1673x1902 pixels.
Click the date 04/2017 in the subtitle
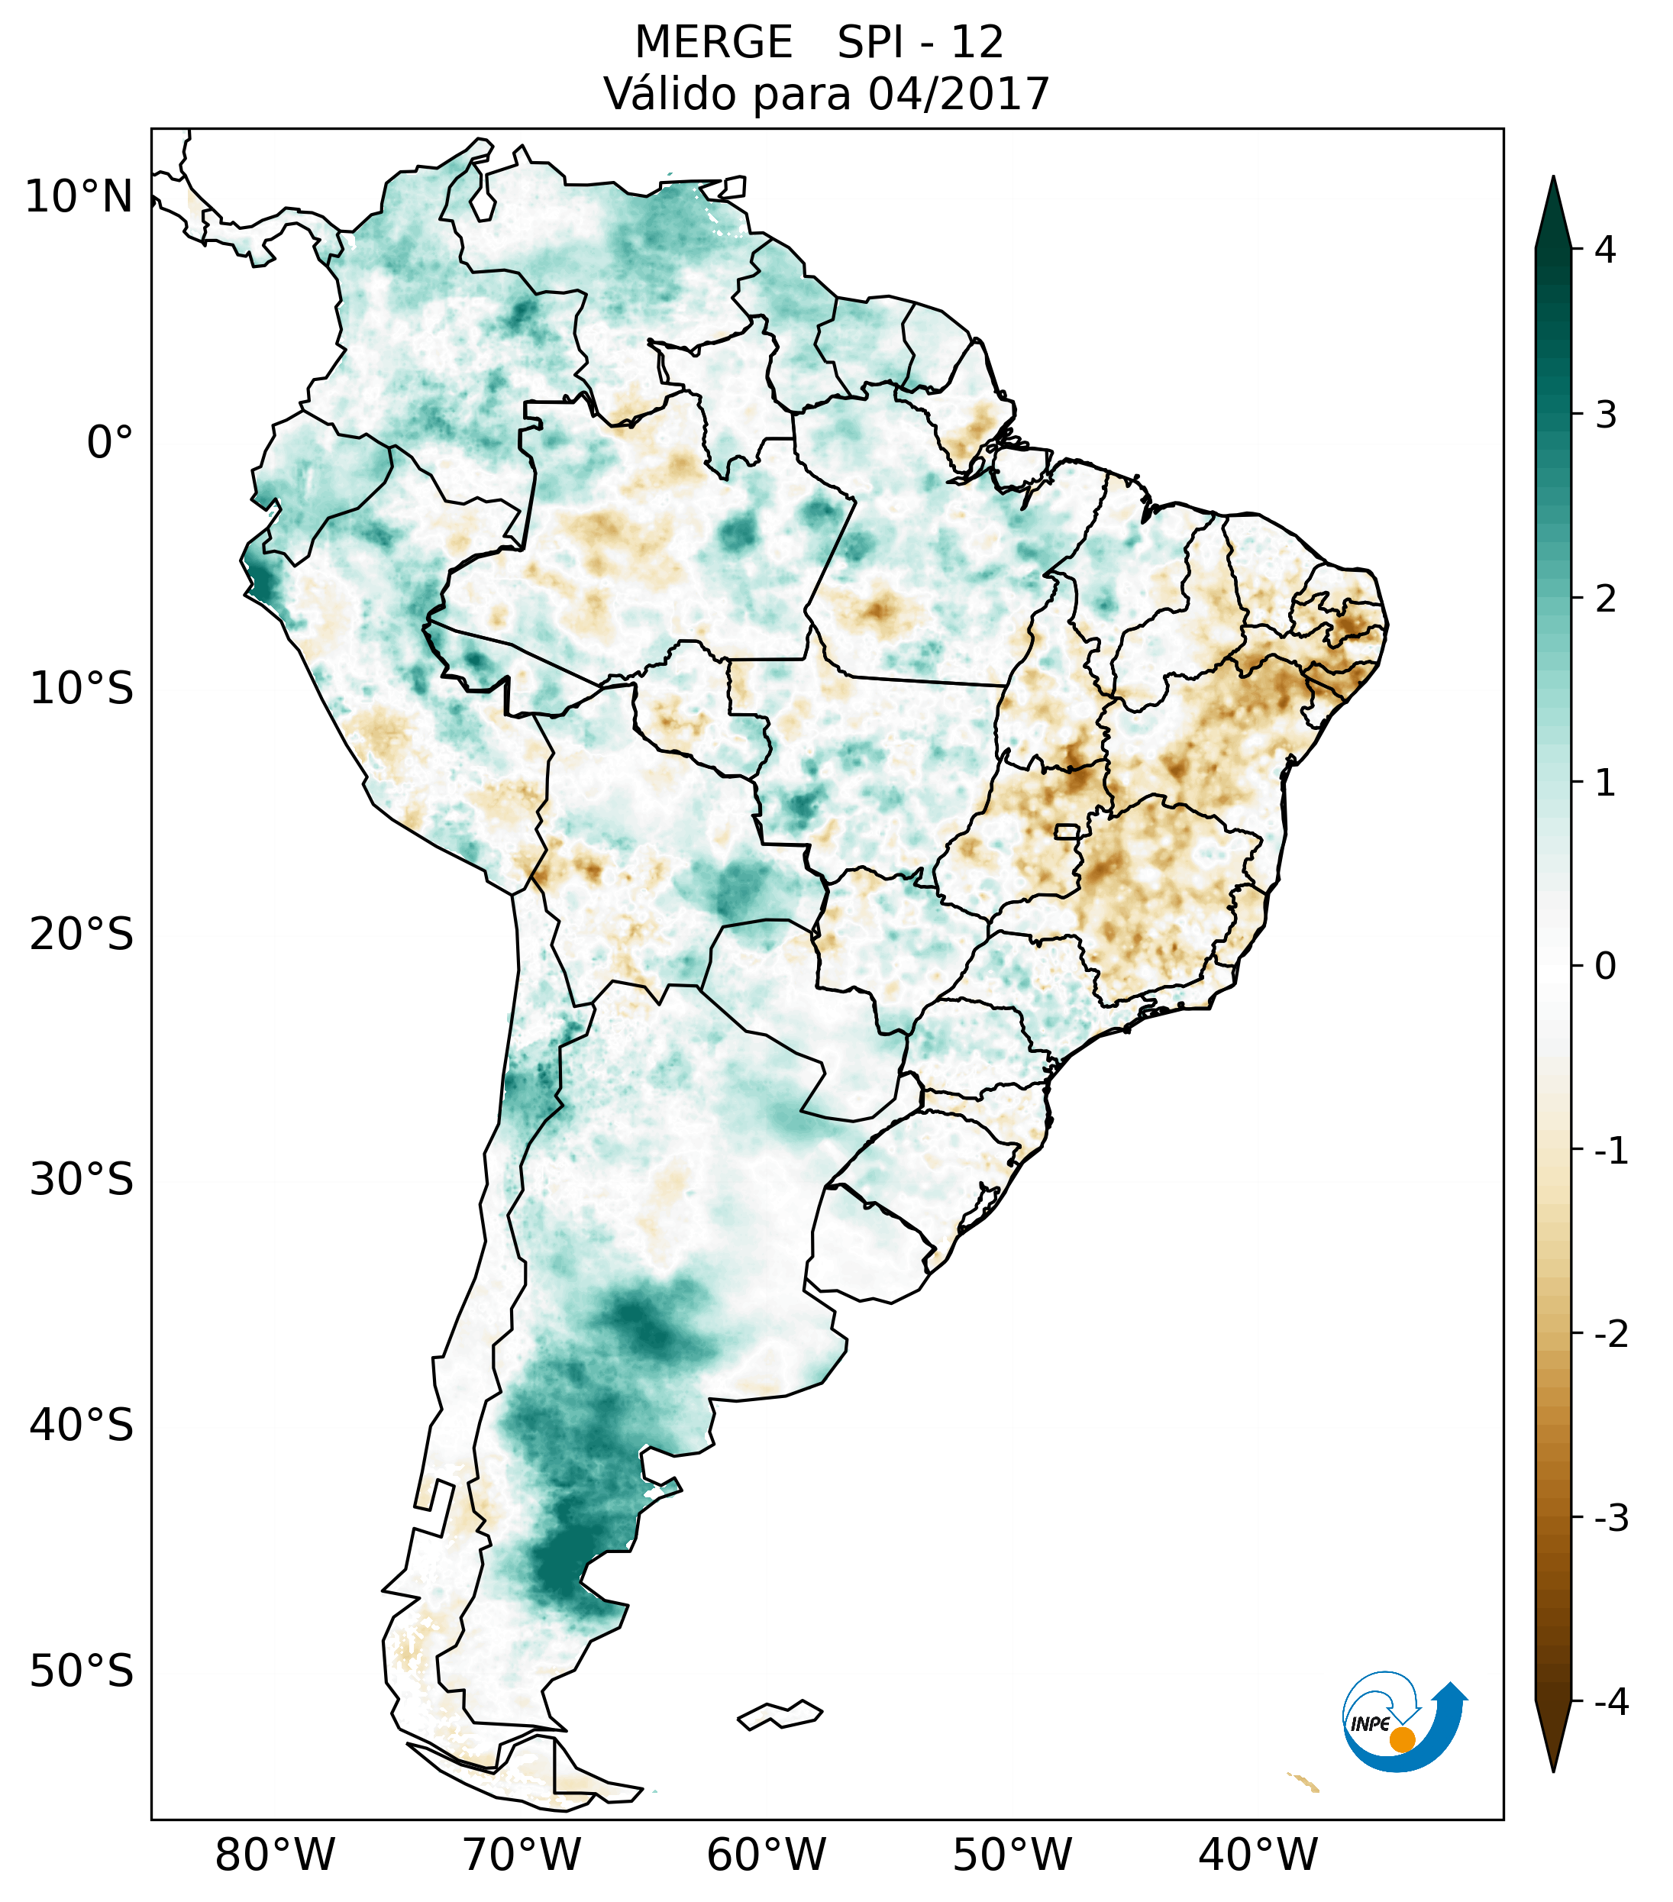click(958, 94)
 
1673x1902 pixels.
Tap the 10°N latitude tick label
click(79, 197)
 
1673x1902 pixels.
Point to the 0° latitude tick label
click(110, 443)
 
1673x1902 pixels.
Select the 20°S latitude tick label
click(82, 935)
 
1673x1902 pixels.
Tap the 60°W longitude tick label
click(766, 1855)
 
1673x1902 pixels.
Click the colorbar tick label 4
click(1605, 250)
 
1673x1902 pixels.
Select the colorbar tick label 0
click(1605, 967)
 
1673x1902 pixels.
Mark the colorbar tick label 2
click(1605, 599)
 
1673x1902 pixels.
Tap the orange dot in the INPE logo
click(1401, 1739)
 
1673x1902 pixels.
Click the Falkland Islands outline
click(780, 1715)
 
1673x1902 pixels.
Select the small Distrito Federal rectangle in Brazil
click(1068, 831)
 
